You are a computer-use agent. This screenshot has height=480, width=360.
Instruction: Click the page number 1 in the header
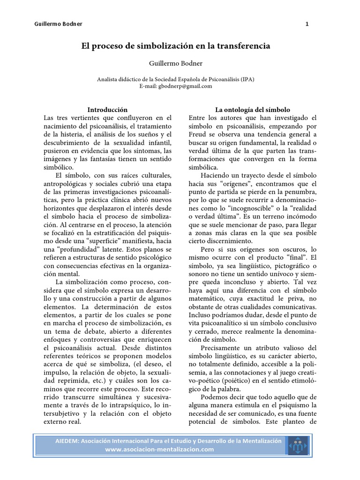click(307, 24)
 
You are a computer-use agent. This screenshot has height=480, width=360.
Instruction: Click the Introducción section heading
click(108, 109)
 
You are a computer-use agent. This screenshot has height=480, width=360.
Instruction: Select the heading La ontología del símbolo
click(253, 109)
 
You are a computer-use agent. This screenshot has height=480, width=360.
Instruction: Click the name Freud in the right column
click(199, 134)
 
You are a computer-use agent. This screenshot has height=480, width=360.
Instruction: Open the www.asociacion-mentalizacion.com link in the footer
click(159, 449)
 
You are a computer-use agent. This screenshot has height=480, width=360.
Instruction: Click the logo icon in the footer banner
click(299, 445)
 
